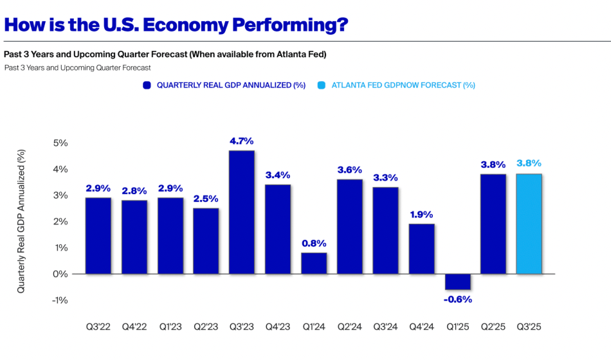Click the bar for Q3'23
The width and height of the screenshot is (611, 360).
242,212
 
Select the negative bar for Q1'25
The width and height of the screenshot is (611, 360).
457,282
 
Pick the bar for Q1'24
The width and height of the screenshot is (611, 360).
313,263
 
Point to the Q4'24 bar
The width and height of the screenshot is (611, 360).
421,249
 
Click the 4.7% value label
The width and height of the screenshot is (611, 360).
242,141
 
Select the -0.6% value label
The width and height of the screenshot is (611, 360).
457,299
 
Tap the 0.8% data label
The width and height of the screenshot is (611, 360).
313,243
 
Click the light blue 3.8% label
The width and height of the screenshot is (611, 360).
529,163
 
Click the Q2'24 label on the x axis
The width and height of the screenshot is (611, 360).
350,327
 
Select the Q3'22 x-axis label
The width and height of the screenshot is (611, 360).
98,327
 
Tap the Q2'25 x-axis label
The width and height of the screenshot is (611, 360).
493,327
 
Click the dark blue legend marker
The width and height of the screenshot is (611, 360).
147,85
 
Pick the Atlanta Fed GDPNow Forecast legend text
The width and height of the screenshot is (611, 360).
403,85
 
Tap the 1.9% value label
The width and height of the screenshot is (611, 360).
421,215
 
